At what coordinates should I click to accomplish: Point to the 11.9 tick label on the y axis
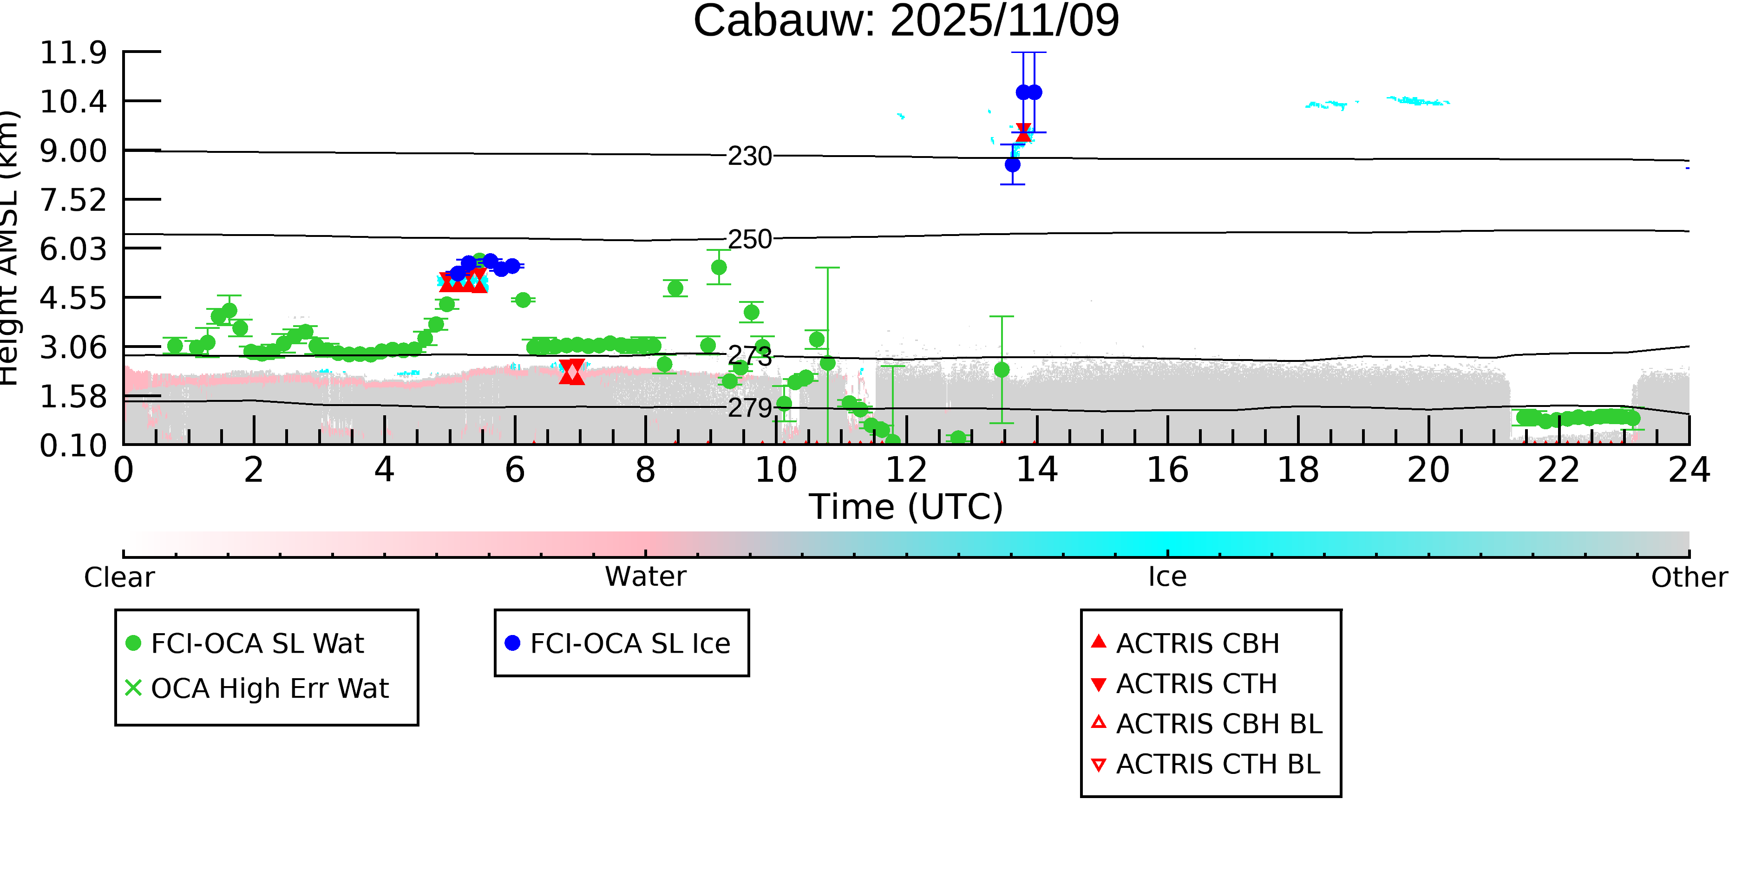point(73,53)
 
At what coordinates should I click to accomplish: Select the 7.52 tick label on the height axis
point(73,200)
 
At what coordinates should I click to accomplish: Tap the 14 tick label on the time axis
point(1037,470)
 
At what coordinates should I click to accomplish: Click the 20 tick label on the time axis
point(1428,470)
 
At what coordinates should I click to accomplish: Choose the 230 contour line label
point(749,156)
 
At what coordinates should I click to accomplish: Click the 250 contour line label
point(749,239)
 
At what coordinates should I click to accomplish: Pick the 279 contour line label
point(749,408)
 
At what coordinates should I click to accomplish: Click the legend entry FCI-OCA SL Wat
point(257,643)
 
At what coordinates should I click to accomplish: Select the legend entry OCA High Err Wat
point(269,688)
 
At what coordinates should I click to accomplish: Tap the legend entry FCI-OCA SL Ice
point(629,643)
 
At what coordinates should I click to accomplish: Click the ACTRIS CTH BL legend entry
point(1217,764)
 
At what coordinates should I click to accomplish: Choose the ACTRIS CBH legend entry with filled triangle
point(1197,643)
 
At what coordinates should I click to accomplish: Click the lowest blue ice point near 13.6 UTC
point(1012,164)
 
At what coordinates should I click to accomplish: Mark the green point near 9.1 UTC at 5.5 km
point(719,268)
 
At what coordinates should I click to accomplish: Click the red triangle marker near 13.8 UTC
point(1023,132)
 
